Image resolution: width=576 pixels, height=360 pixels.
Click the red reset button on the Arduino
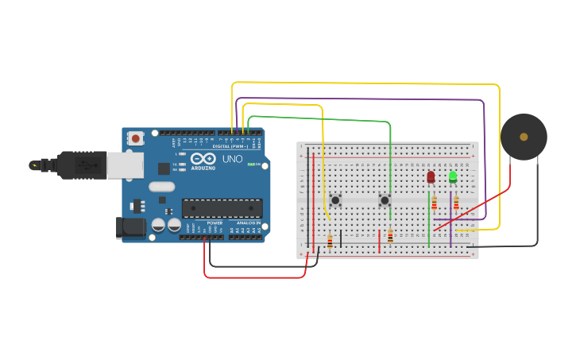coord(136,138)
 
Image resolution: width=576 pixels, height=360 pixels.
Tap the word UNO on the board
coord(233,159)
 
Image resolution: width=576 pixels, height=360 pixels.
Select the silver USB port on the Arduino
coord(125,165)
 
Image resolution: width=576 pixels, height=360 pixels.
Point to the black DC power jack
coord(130,228)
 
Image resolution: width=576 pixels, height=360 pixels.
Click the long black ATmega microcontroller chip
coord(222,208)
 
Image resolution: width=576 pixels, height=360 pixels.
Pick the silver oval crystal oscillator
coord(160,188)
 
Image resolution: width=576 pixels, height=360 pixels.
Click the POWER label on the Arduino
coord(215,223)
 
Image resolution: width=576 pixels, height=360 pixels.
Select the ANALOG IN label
coord(246,223)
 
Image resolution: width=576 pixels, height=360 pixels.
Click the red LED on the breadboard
coord(431,177)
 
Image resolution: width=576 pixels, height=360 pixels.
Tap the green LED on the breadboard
coord(453,176)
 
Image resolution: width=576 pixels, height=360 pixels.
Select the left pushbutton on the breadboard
coord(335,199)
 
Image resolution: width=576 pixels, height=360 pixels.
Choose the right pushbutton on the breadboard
coord(385,200)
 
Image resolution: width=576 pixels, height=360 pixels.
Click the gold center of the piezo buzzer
coord(524,137)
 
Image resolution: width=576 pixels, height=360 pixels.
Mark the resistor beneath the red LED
coord(434,203)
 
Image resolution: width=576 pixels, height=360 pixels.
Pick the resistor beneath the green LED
coord(456,203)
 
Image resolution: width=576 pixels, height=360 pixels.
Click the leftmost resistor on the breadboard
coord(330,241)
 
